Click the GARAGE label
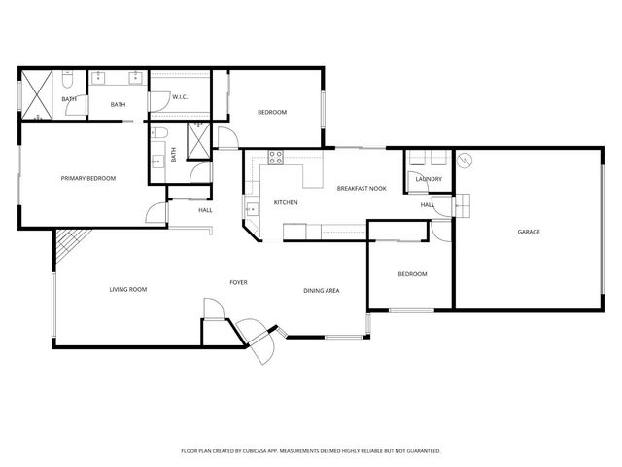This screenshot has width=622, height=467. point(528,232)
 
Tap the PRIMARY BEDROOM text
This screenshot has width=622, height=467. point(88,178)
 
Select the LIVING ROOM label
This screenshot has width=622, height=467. point(127,289)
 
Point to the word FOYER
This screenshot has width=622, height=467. point(238,282)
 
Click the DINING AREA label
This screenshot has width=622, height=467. point(321,290)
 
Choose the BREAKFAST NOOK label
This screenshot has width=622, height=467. point(362,188)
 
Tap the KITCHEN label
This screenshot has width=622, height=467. point(285,202)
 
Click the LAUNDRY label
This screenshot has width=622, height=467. point(429,179)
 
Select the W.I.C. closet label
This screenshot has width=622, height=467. point(180,97)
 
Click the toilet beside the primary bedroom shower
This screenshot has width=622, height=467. point(70,78)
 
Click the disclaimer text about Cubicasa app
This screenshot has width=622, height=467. point(311,450)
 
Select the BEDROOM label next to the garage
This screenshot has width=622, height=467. point(412,274)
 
